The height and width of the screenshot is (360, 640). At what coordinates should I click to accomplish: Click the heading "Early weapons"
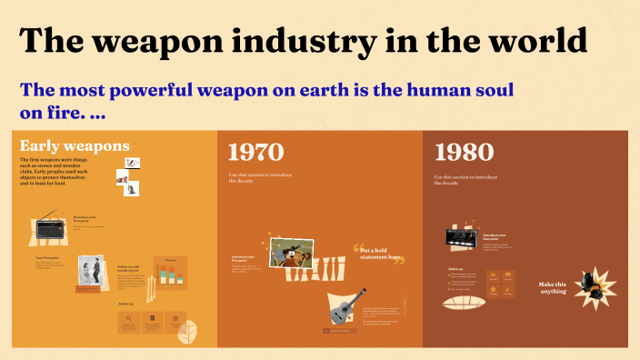(x=75, y=145)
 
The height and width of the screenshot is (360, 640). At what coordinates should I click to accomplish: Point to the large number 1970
(x=255, y=152)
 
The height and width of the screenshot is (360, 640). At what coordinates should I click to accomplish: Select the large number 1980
(x=464, y=152)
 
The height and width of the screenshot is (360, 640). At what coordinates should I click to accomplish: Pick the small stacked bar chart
(x=169, y=272)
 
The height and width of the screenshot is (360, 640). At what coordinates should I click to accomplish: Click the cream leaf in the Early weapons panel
(x=189, y=332)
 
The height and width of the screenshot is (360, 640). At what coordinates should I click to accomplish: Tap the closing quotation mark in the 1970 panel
(x=397, y=262)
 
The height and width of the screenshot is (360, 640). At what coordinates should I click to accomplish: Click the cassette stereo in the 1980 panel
(x=462, y=238)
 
